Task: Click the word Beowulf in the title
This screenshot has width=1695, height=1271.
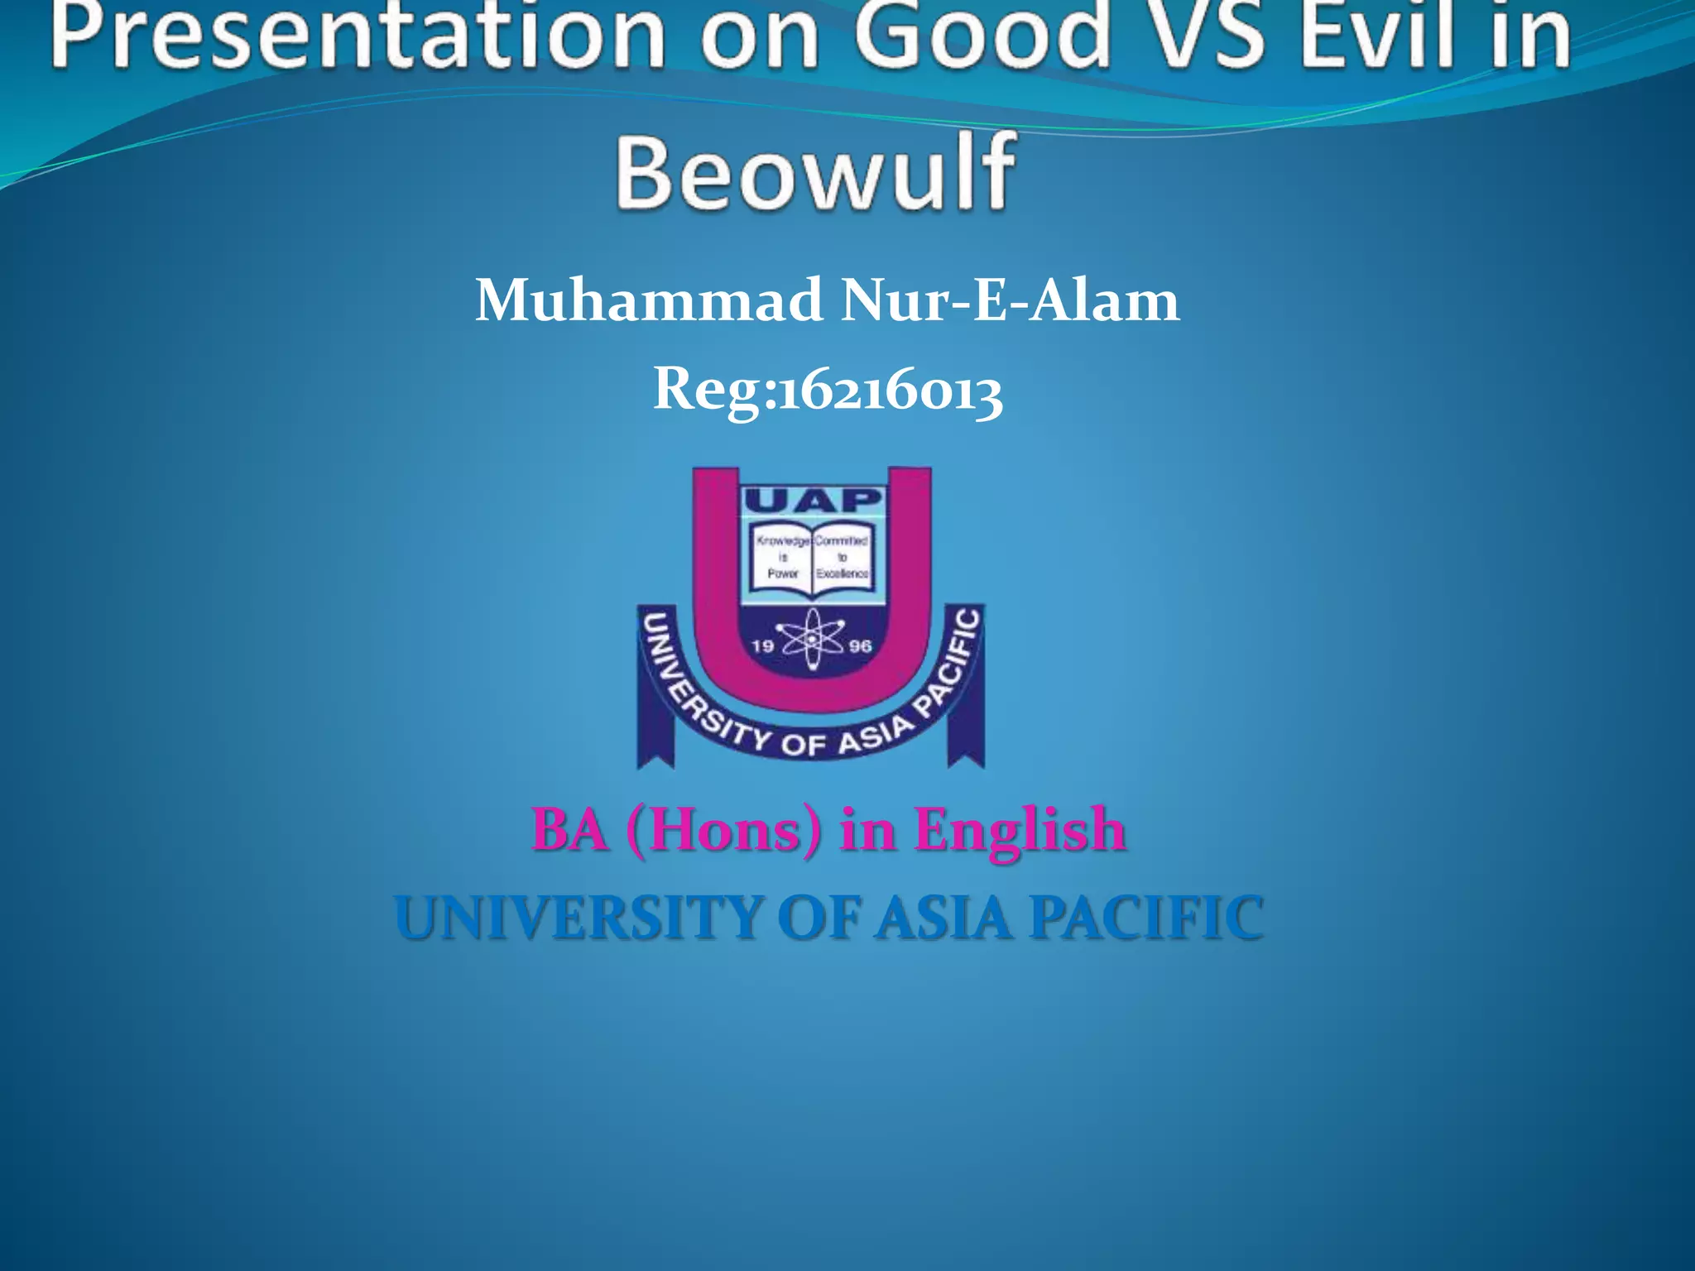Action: pos(815,172)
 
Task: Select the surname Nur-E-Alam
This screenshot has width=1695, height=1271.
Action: pos(1010,300)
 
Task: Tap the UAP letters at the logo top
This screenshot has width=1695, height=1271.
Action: pos(813,501)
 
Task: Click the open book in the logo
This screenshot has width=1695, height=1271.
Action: pos(812,558)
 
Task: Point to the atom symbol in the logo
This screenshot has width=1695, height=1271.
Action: pos(812,640)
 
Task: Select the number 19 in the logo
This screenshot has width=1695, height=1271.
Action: pos(762,645)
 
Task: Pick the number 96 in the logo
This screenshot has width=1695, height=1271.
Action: pos(861,645)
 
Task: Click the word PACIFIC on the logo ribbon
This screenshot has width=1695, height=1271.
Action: pos(950,662)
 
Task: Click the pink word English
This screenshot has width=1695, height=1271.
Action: pos(1019,829)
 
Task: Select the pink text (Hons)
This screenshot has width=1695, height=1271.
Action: pos(724,829)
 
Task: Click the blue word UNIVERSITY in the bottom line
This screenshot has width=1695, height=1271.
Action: pos(578,918)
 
